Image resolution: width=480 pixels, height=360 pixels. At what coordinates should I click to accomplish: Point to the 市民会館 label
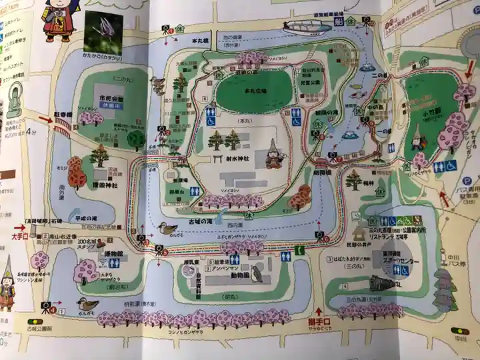[111, 97]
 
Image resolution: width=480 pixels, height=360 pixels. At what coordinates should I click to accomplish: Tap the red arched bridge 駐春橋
[62, 124]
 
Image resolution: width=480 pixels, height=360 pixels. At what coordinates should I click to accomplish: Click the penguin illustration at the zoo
[257, 274]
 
